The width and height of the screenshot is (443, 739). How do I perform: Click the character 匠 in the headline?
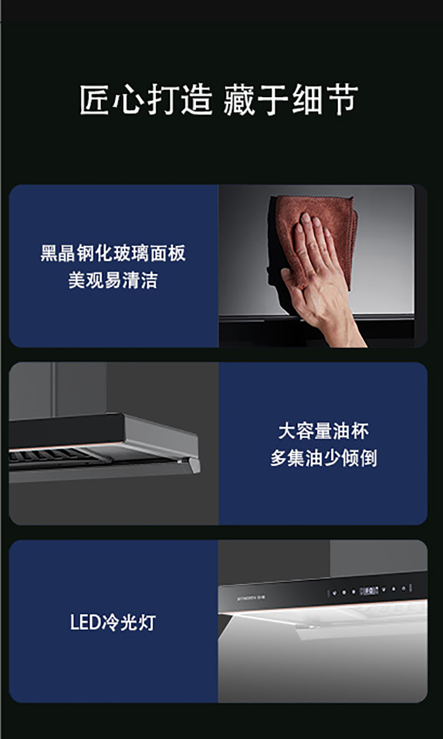point(95,100)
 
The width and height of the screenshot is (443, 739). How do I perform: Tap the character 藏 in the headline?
point(239,100)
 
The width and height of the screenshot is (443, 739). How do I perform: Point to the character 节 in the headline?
point(341,100)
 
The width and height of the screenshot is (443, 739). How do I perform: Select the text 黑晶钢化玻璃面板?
point(113,253)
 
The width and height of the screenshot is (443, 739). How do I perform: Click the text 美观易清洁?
point(113,280)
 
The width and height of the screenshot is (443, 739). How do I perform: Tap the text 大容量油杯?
point(324,431)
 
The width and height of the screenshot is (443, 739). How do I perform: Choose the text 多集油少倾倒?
point(324,458)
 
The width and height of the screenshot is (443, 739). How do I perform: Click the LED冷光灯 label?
point(113,622)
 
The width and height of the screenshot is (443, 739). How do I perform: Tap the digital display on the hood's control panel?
point(368,590)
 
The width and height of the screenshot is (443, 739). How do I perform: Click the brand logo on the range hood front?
point(251,598)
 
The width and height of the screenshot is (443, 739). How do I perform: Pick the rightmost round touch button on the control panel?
point(403,588)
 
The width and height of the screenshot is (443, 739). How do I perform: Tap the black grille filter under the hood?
point(49,457)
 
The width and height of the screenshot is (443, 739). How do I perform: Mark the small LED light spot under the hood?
point(311,626)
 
